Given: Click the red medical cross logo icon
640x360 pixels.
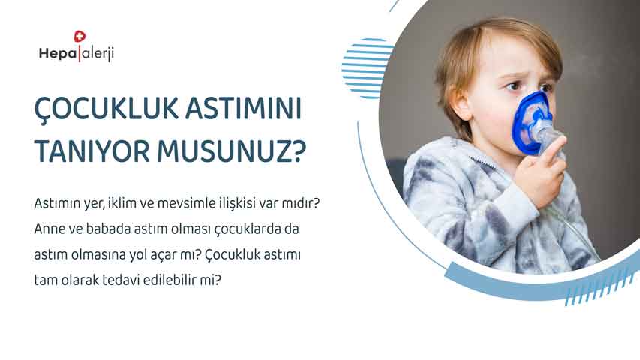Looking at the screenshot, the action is [80, 36].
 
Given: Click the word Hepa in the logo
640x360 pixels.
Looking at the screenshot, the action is [58, 53].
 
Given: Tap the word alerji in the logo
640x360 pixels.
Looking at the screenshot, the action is [97, 54].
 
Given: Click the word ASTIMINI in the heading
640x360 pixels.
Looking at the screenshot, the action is [243, 108].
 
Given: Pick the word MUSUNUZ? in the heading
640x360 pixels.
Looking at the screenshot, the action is [231, 151].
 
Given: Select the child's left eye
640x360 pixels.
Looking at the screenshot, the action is [513, 86].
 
